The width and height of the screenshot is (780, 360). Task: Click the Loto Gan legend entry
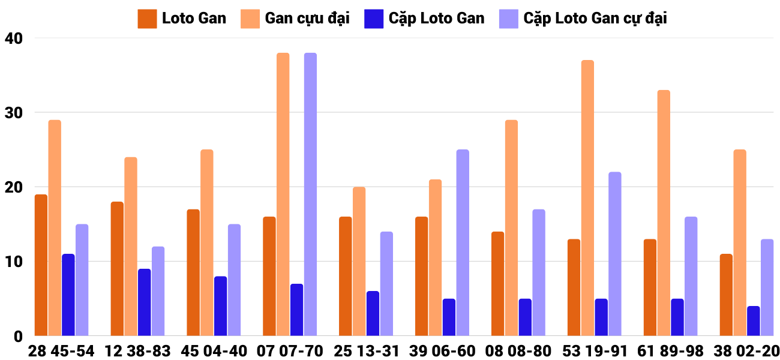182,19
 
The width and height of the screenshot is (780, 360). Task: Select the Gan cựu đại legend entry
295,19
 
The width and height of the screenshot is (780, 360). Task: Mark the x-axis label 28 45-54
61,351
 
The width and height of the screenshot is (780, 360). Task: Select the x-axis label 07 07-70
290,351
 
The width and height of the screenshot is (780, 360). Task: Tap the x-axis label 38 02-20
746,351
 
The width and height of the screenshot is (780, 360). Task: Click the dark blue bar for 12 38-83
145,302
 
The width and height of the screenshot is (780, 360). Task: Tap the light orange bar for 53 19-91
587,198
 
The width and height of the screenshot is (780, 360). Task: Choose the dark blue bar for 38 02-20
754,321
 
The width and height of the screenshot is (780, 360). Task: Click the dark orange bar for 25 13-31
346,277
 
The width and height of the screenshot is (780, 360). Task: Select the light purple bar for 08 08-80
539,272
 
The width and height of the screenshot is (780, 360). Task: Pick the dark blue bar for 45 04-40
221,306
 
